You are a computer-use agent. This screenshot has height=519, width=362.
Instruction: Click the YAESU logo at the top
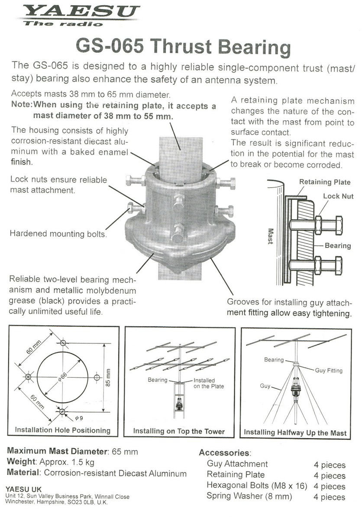pyautogui.click(x=80, y=12)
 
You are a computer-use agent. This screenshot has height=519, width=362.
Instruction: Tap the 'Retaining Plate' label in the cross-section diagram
pyautogui.click(x=325, y=182)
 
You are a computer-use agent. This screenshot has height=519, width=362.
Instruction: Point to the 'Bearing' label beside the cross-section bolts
pyautogui.click(x=337, y=246)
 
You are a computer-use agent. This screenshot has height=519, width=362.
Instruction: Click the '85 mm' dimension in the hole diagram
pyautogui.click(x=108, y=376)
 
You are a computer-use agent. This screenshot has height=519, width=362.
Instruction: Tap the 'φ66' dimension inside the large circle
pyautogui.click(x=64, y=377)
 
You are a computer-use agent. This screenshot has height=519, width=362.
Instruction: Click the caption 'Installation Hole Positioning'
pyautogui.click(x=63, y=430)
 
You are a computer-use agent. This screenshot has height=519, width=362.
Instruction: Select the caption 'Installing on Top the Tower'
pyautogui.click(x=179, y=431)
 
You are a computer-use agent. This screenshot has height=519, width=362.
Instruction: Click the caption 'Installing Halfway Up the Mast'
pyautogui.click(x=295, y=432)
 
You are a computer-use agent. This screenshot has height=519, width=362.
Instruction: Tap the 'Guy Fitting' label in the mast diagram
pyautogui.click(x=328, y=370)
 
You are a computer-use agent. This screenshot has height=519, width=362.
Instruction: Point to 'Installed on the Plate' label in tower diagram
pyautogui.click(x=204, y=383)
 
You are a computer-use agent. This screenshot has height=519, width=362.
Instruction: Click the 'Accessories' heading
pyautogui.click(x=224, y=453)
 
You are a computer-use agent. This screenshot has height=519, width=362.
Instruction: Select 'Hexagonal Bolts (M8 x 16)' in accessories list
pyautogui.click(x=257, y=486)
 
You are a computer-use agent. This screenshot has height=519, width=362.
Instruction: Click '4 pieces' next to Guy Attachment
pyautogui.click(x=330, y=465)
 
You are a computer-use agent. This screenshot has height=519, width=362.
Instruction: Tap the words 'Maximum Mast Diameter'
pyautogui.click(x=56, y=452)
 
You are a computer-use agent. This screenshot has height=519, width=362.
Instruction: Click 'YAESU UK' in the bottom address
pyautogui.click(x=24, y=489)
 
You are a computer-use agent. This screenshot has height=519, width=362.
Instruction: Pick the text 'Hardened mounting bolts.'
pyautogui.click(x=58, y=234)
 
